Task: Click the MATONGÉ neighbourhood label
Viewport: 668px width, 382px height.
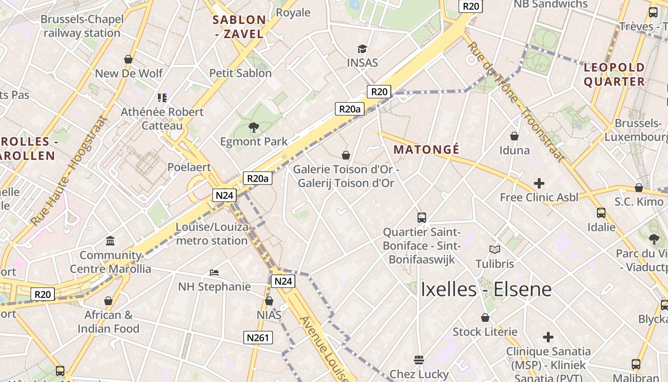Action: coord(427,149)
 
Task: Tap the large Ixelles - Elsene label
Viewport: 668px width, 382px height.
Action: coord(486,289)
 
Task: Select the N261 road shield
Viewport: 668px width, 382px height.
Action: coord(258,338)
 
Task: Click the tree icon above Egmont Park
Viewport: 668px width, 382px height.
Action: coord(254,127)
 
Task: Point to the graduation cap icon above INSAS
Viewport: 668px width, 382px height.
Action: coord(362,49)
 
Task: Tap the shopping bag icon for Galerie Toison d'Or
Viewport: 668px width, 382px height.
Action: coord(346,155)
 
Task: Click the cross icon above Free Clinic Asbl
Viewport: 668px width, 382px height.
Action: coord(539,183)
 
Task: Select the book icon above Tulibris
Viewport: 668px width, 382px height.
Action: coord(495,249)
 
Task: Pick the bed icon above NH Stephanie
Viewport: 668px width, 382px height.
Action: coord(214,273)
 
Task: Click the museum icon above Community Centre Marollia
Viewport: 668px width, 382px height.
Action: coord(110,241)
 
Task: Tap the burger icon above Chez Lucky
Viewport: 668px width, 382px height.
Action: coord(419,360)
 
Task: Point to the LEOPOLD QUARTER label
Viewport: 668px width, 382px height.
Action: coord(615,74)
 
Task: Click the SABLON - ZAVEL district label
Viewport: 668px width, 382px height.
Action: coord(239,27)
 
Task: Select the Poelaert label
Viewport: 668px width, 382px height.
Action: coord(189,167)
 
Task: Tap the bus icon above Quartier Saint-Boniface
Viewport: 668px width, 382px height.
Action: coord(422,218)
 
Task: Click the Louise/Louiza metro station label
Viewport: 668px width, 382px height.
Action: coord(212,233)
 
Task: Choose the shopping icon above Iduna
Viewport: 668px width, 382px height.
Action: coord(514,136)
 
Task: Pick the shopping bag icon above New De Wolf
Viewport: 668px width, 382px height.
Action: coord(128,59)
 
